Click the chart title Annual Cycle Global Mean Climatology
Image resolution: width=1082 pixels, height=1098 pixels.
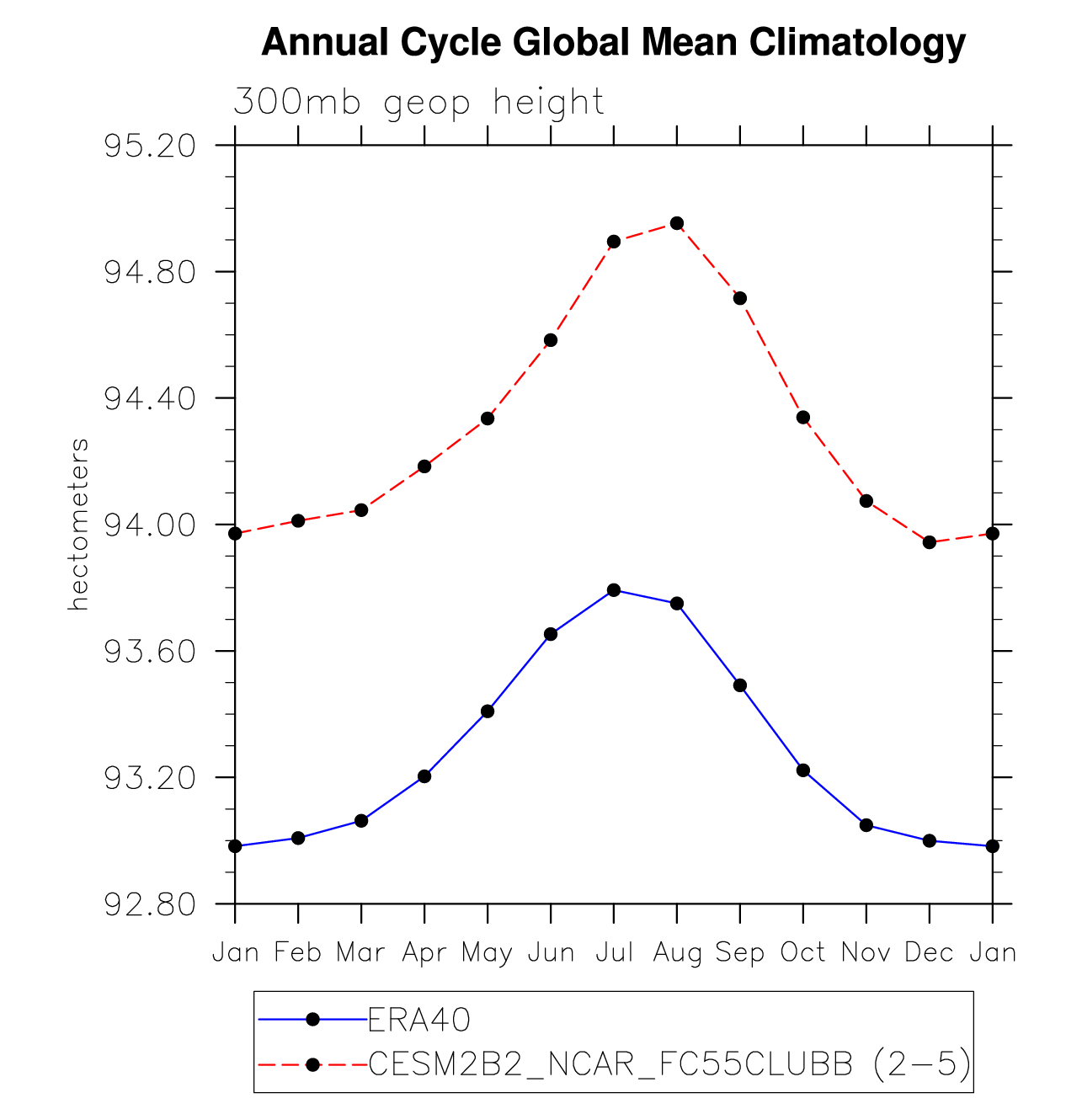(613, 42)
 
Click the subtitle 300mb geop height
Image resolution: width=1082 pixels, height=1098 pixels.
(418, 103)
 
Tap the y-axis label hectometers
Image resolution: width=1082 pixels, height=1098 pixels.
(79, 524)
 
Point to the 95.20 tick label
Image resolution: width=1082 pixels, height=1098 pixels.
(149, 147)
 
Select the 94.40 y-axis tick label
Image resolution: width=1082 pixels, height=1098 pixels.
(149, 398)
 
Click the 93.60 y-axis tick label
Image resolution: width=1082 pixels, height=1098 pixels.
(149, 652)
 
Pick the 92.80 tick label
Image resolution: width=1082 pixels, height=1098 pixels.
(149, 904)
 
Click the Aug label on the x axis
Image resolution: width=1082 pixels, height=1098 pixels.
(677, 953)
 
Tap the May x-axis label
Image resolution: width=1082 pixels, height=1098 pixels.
(487, 953)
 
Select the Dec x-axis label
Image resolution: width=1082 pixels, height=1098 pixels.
(929, 953)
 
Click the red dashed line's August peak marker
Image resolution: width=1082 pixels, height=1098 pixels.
(677, 223)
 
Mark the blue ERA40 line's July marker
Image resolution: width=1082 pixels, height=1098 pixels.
(614, 590)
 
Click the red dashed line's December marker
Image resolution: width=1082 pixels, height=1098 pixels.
(930, 542)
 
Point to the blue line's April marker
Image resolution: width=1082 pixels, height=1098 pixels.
(424, 776)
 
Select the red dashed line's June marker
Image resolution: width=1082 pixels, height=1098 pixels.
(551, 340)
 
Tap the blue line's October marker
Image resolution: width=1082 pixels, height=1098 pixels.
(803, 770)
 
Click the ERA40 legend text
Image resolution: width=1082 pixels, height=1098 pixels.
(418, 1021)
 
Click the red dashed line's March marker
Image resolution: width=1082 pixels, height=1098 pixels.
(361, 510)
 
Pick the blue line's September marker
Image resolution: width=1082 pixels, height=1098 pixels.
(740, 685)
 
